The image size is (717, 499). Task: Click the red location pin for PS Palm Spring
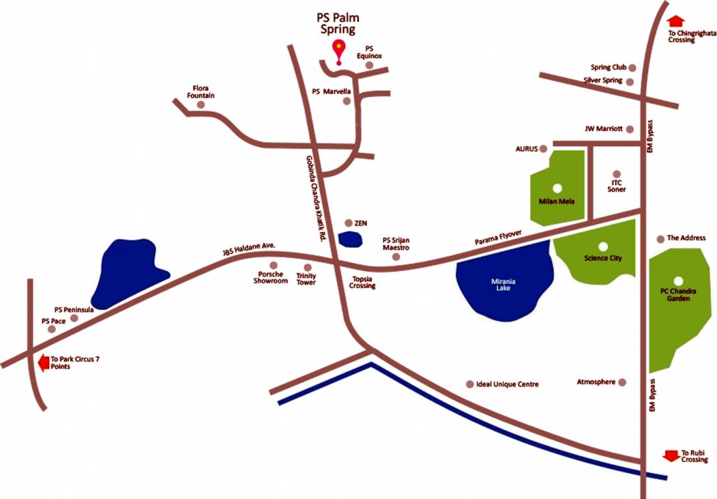[x=338, y=50]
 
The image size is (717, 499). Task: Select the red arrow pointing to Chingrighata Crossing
[x=675, y=21]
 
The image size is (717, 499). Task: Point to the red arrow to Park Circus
[x=44, y=363]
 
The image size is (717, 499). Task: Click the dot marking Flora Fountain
[x=201, y=105]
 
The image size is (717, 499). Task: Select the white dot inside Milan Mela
[x=557, y=188]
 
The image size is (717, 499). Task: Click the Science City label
[x=603, y=258]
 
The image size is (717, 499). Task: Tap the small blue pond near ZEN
[x=351, y=238]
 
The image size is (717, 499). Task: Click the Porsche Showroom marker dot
[x=273, y=265]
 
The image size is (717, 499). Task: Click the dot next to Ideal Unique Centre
[x=470, y=385]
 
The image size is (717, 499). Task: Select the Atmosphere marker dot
[x=622, y=382]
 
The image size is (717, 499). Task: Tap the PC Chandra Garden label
[x=677, y=295]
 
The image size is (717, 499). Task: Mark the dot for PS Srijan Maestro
[x=396, y=257]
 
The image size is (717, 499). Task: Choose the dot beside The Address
[x=661, y=238]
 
